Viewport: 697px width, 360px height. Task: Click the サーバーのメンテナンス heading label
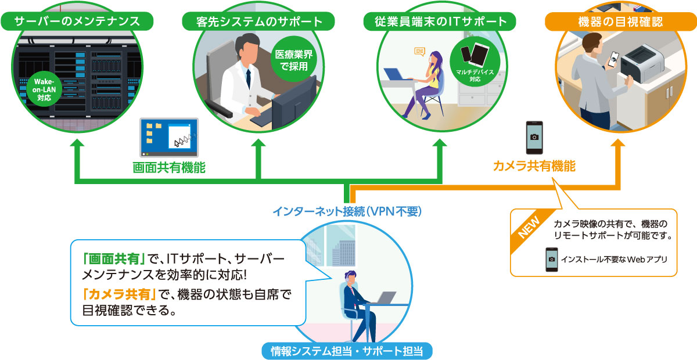[x=77, y=22]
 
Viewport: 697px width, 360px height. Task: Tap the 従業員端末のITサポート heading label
[x=439, y=22]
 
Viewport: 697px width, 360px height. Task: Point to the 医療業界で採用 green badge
[x=294, y=60]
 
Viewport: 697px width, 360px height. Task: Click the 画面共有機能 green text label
[x=169, y=168]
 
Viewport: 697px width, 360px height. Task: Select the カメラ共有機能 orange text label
[x=534, y=167]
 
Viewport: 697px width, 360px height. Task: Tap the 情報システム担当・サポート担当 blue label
[x=347, y=350]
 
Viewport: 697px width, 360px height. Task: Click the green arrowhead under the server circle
[x=77, y=145]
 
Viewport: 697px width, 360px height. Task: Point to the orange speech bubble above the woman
[x=419, y=52]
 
